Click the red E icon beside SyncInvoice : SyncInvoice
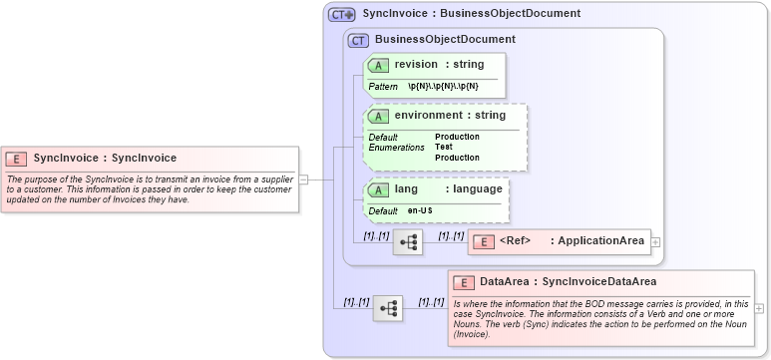coord(16,158)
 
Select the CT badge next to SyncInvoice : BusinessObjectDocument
coord(342,14)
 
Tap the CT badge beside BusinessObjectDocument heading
coord(358,40)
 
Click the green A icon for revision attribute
coord(379,65)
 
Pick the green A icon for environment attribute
coord(379,116)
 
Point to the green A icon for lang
coord(379,189)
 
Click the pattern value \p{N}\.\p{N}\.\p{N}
coord(443,87)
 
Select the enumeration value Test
coord(444,147)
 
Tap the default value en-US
coord(420,211)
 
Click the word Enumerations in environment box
coord(396,147)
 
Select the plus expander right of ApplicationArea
coord(655,241)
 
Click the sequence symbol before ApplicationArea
coord(408,242)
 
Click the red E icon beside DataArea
coord(464,282)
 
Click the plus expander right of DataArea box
coord(760,308)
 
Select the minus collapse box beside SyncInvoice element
coord(304,180)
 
